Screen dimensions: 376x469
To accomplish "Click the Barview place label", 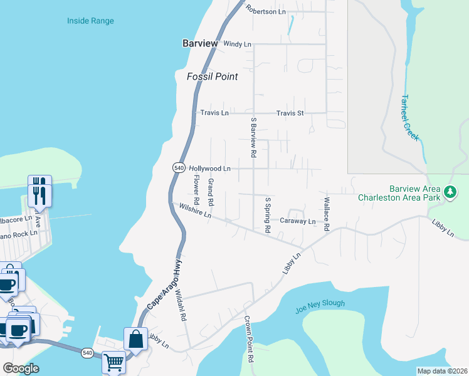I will [199, 43].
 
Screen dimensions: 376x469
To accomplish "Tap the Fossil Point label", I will [213, 76].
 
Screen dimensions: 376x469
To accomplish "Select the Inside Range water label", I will [90, 21].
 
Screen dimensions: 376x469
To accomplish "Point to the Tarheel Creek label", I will [410, 118].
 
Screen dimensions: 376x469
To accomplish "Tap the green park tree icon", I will [450, 192].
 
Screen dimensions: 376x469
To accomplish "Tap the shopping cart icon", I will [113, 362].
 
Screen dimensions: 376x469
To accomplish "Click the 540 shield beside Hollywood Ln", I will [178, 168].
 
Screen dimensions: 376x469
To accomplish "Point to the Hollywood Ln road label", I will [210, 169].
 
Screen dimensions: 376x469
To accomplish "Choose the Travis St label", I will [290, 113].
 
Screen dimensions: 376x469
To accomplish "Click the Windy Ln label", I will [237, 44].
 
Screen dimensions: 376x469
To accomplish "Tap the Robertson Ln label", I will [265, 11].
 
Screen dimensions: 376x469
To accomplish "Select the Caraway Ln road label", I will [297, 221].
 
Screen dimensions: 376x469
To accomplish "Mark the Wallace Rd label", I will [326, 214].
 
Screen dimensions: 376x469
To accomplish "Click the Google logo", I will [21, 368].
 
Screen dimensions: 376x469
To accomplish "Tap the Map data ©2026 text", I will [442, 371].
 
